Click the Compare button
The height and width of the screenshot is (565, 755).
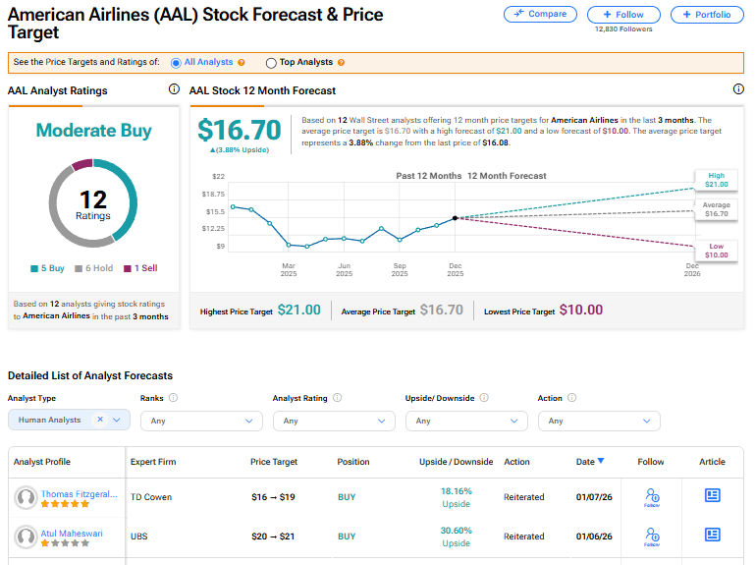[540, 15]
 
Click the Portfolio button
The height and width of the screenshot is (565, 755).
[707, 15]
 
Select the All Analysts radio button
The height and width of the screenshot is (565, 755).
[177, 63]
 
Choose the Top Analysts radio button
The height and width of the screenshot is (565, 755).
[271, 63]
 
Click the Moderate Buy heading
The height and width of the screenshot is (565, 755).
[93, 130]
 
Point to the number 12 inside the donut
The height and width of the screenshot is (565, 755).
[93, 199]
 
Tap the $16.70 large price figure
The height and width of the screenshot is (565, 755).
[240, 130]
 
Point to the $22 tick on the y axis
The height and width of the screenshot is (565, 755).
[218, 176]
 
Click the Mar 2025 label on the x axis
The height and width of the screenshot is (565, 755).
[289, 269]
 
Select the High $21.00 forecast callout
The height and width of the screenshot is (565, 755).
[716, 180]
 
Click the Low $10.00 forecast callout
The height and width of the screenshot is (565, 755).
[716, 250]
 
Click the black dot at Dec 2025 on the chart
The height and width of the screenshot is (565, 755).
[455, 217]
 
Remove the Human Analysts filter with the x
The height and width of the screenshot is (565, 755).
[99, 420]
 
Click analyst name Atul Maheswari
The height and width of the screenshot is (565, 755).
[72, 534]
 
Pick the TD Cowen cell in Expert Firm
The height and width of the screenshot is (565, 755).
[151, 497]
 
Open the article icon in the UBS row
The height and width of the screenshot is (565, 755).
[713, 536]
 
